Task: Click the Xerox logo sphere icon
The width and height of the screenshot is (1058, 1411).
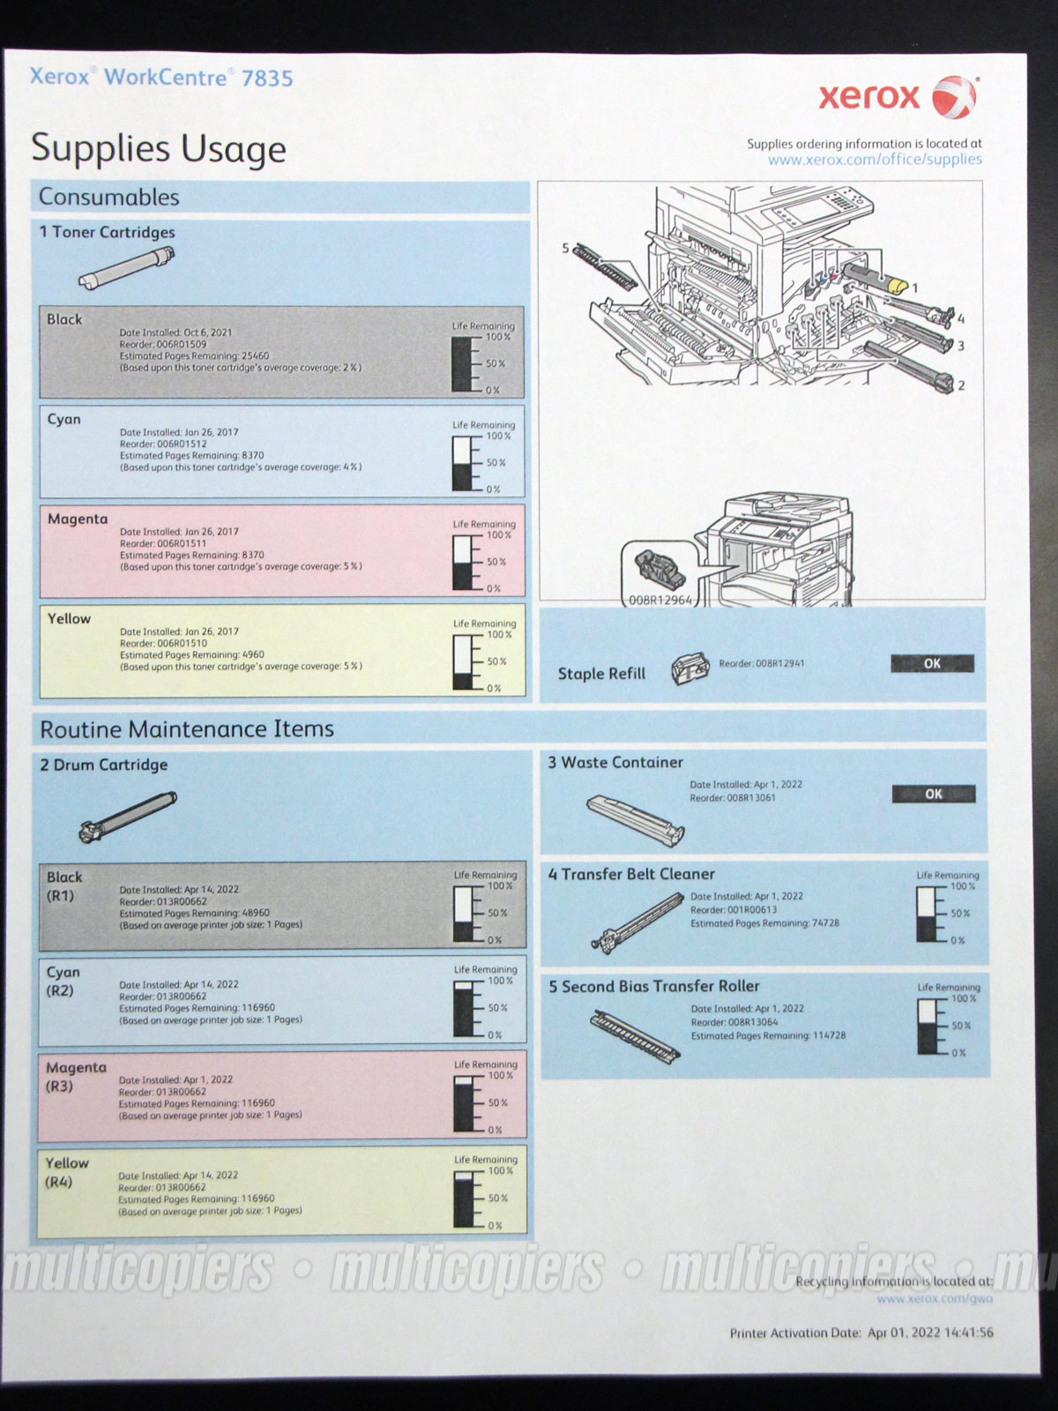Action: tap(954, 96)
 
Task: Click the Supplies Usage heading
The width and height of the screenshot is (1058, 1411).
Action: tap(159, 148)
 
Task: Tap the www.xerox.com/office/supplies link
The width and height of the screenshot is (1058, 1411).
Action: tap(874, 160)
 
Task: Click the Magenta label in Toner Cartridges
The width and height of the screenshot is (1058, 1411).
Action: tap(78, 519)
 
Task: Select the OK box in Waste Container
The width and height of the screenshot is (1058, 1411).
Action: tap(933, 794)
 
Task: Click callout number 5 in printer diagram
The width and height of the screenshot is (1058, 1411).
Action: tap(566, 249)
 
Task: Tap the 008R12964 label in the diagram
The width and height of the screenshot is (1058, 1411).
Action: tap(660, 601)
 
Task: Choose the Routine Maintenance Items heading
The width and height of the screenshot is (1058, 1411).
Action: tap(187, 729)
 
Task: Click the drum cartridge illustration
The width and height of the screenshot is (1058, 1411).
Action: tap(128, 816)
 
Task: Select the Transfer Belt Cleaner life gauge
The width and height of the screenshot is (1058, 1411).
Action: tap(929, 915)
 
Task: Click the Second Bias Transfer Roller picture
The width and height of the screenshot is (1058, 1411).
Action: tap(633, 1033)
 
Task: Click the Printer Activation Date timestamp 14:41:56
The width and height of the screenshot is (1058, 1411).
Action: tap(968, 1333)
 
